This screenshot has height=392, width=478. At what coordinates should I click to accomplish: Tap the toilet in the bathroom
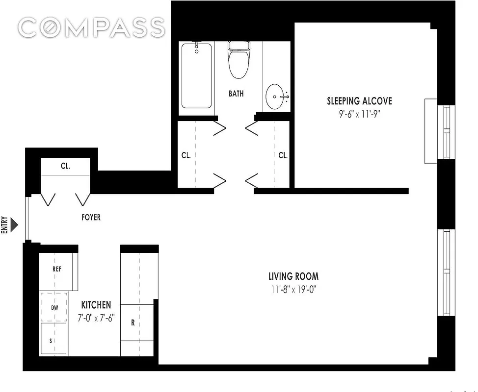pos(239,60)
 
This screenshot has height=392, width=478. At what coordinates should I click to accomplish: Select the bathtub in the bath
pos(196,76)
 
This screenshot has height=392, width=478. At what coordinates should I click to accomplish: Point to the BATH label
pos(236,94)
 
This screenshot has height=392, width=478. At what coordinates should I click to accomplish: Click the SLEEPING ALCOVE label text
pos(359,101)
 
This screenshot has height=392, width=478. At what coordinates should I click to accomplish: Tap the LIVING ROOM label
pos(293,276)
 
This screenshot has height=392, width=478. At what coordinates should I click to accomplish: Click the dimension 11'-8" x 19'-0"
pos(293,290)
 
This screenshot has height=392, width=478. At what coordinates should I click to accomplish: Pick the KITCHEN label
pos(96,305)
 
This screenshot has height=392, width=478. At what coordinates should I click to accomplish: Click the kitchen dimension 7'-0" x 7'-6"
pos(96,318)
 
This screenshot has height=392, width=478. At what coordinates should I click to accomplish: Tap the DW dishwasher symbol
pos(54,307)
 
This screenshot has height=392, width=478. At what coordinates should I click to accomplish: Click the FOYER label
pos(91,217)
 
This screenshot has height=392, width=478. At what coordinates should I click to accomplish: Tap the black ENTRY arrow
pos(14,225)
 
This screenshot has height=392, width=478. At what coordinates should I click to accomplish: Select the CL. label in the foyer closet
pos(65,166)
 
